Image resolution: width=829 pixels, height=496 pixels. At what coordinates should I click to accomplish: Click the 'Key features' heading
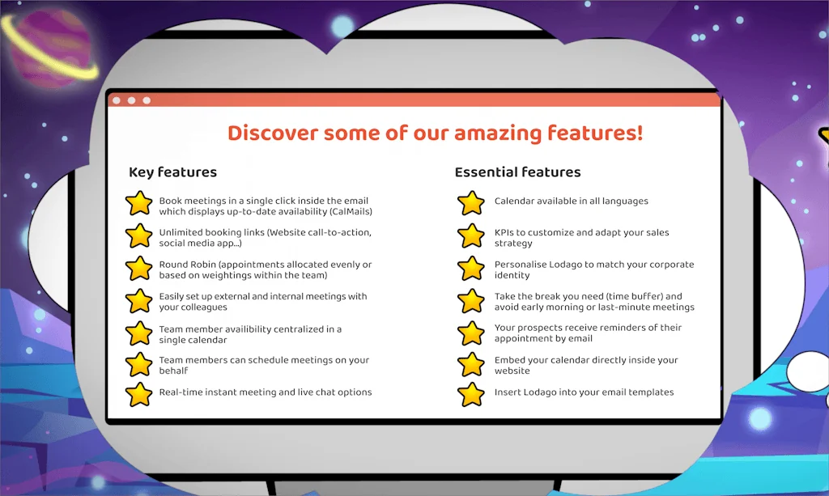pyautogui.click(x=172, y=172)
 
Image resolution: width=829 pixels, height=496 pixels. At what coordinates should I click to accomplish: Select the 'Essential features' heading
pyautogui.click(x=517, y=172)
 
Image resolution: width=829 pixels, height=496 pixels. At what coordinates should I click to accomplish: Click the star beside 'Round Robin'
pyautogui.click(x=139, y=269)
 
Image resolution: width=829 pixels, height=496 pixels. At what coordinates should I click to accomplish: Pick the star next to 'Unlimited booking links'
pyautogui.click(x=139, y=236)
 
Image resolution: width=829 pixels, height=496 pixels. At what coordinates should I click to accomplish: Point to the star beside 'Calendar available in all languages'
pyautogui.click(x=470, y=202)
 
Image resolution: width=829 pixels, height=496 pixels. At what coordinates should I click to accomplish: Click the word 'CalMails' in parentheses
pyautogui.click(x=350, y=212)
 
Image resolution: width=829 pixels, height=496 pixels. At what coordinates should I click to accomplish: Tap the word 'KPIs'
pyautogui.click(x=506, y=232)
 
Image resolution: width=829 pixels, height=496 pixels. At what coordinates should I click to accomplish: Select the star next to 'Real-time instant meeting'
pyautogui.click(x=139, y=395)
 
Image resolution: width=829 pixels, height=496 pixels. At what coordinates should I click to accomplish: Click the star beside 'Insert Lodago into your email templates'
pyautogui.click(x=470, y=395)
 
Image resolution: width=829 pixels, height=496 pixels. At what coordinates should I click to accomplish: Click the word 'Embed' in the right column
pyautogui.click(x=511, y=360)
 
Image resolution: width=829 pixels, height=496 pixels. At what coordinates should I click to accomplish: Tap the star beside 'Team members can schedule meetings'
pyautogui.click(x=139, y=364)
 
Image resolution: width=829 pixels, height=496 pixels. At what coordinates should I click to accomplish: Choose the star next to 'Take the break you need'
pyautogui.click(x=470, y=301)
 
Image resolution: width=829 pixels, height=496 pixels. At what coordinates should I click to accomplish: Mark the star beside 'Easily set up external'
pyautogui.click(x=139, y=301)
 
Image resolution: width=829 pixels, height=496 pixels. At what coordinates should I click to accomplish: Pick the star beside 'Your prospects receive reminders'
pyautogui.click(x=470, y=333)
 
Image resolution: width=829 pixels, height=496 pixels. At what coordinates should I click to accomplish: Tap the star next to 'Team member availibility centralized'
pyautogui.click(x=139, y=333)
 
